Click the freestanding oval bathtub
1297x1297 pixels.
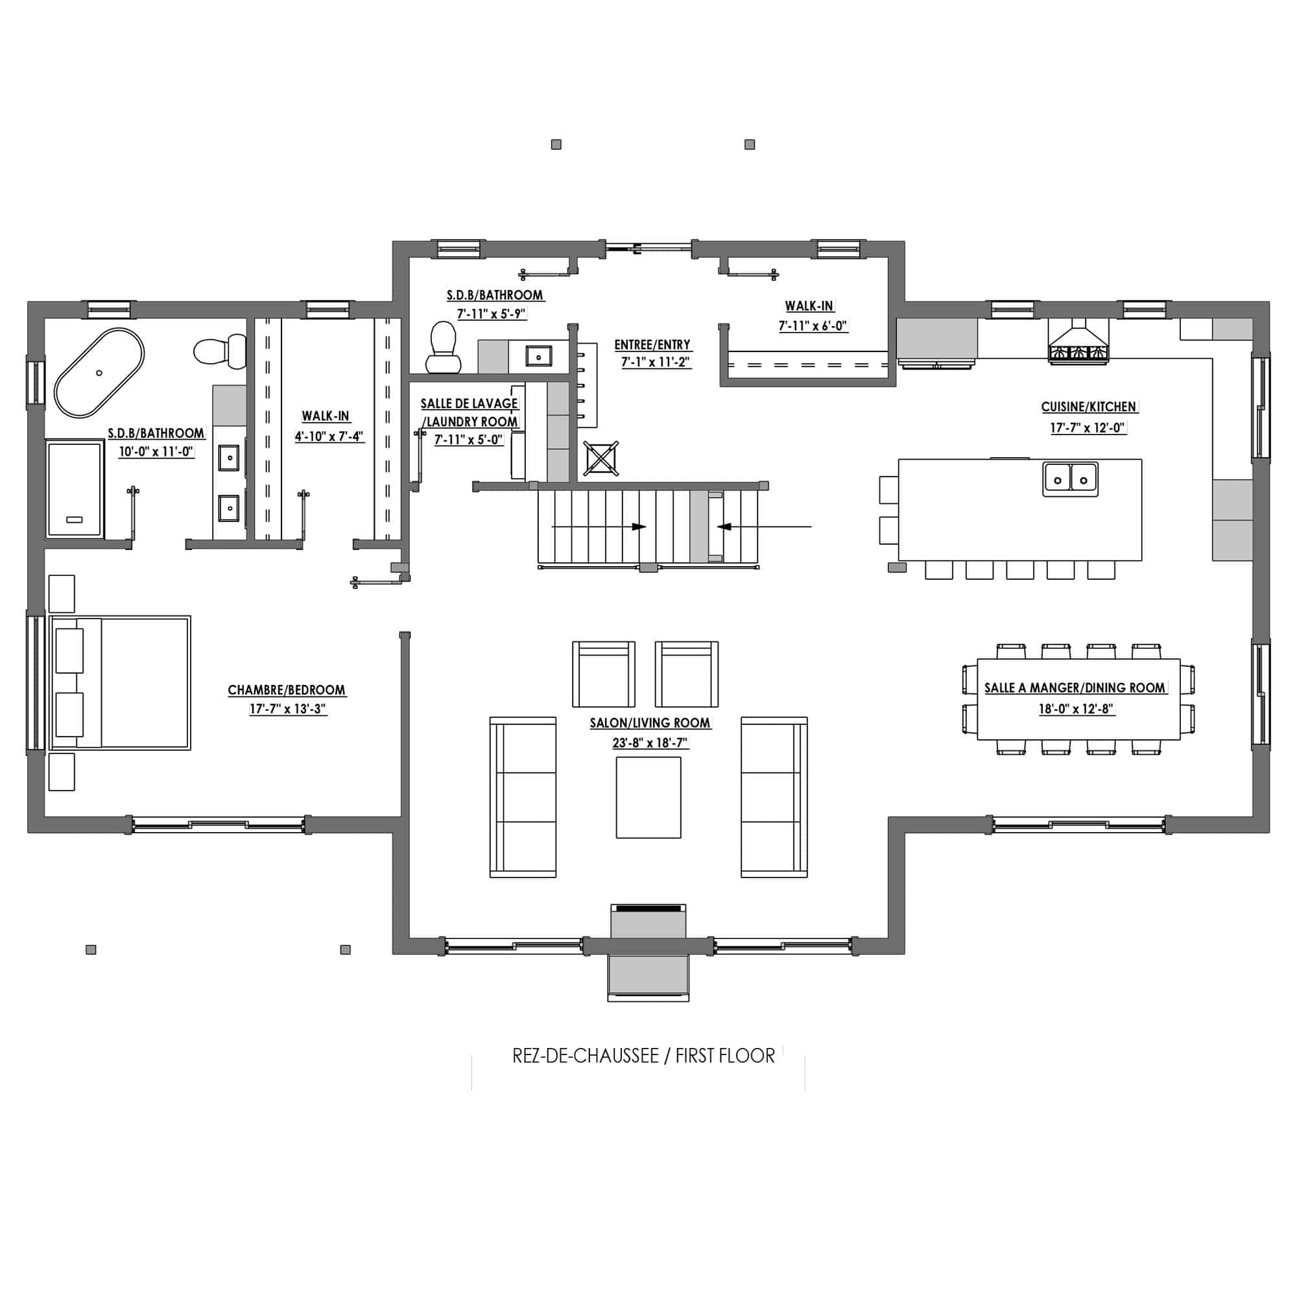99,373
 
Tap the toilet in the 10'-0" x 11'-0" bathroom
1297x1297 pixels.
220,351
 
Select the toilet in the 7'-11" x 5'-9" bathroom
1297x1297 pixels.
443,347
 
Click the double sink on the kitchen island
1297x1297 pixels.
1070,479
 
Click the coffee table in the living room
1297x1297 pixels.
648,798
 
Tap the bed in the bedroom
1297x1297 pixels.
120,683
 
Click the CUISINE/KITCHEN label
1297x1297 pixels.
1088,407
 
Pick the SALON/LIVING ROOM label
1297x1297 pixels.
650,723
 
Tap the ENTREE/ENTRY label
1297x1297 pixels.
652,345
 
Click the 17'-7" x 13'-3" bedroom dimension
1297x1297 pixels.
287,709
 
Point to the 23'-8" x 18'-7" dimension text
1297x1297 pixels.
650,743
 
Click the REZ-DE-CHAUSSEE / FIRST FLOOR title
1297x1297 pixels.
643,1056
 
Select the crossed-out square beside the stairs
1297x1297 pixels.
601,458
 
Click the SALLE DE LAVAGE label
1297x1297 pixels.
470,403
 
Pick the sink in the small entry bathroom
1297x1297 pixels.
538,356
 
